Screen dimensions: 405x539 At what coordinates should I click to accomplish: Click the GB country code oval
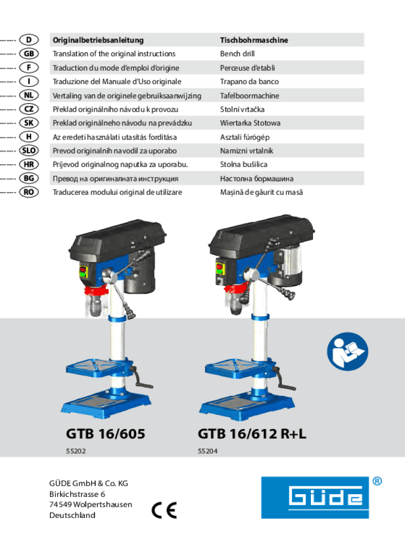point(29,54)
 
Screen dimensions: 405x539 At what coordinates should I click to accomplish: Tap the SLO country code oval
point(29,151)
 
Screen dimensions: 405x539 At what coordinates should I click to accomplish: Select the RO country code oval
point(29,192)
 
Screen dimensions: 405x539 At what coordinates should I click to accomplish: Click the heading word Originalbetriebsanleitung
point(98,40)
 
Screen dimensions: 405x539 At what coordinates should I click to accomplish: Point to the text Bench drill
point(237,54)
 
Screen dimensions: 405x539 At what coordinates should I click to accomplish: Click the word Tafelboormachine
point(250,96)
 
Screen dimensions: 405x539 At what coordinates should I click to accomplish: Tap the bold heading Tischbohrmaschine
point(254,40)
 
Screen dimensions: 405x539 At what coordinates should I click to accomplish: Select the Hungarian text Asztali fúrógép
point(245,137)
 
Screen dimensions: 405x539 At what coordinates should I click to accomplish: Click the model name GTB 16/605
point(106,434)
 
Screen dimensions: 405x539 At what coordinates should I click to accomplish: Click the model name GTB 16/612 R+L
point(252,434)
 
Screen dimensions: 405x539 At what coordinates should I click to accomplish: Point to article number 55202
point(76,451)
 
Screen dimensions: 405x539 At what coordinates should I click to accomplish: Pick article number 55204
point(207,451)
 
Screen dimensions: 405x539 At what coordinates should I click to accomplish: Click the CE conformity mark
point(164,510)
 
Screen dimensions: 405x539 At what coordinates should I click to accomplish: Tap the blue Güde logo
point(315,497)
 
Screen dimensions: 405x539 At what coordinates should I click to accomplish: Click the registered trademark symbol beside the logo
point(377,481)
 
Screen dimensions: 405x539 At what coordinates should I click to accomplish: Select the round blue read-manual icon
point(348,351)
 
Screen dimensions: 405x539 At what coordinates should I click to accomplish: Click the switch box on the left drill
point(84,272)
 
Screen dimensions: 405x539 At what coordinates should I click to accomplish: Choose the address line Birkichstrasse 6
point(77,494)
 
